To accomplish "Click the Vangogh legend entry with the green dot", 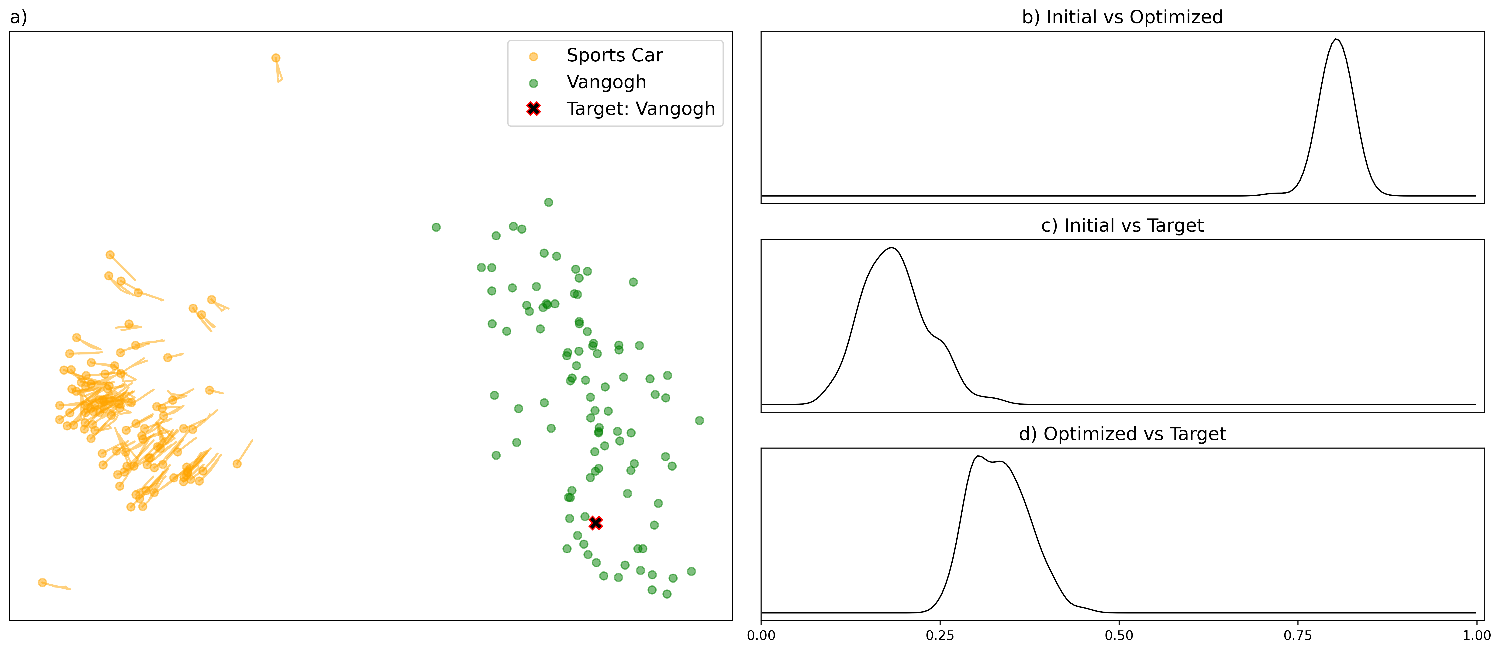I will tap(606, 82).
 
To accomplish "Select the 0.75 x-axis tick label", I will tap(1297, 635).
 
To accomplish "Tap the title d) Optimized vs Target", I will tap(1122, 434).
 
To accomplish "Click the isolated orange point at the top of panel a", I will tap(276, 58).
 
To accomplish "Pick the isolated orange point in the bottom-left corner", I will tap(42, 582).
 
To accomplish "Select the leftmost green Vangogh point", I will tap(436, 227).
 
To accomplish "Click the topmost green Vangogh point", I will tap(548, 202).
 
